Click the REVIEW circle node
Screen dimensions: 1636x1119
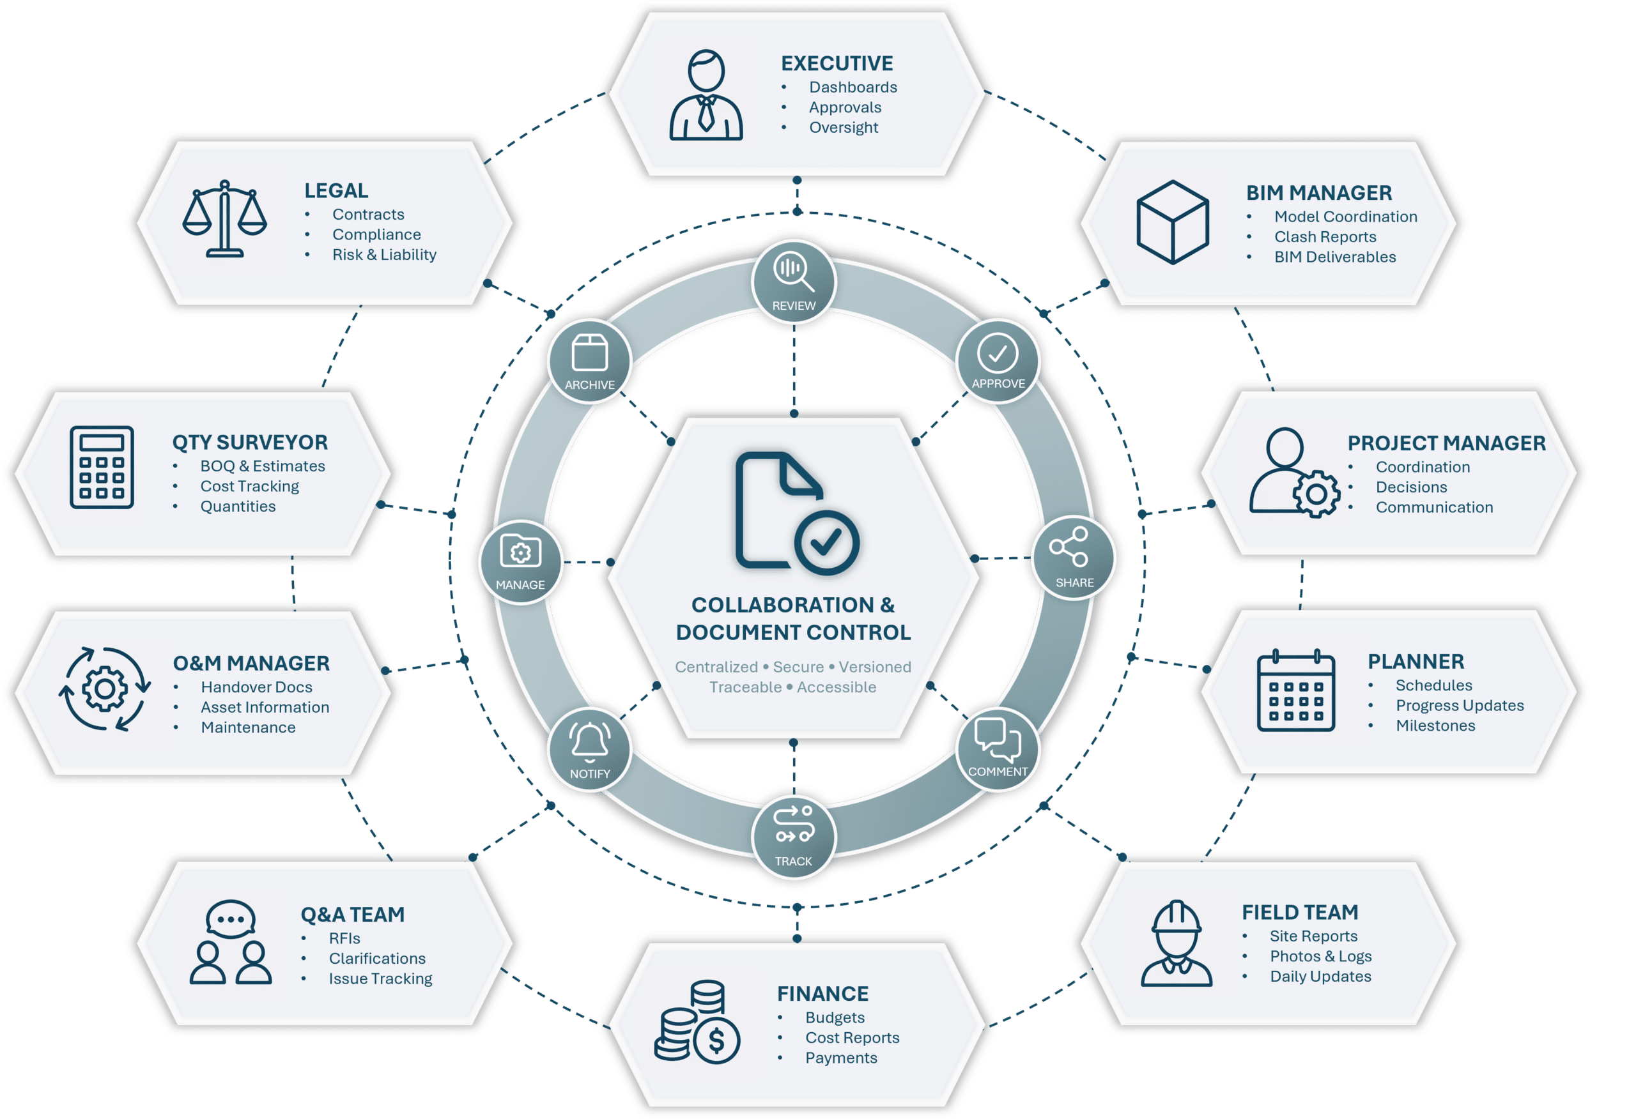(794, 282)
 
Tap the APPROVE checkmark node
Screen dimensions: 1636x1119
(998, 361)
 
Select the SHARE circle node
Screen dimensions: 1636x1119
(1074, 558)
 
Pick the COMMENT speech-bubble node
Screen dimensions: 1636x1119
(998, 749)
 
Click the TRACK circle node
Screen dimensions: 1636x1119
(794, 837)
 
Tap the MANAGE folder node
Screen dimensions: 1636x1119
(521, 562)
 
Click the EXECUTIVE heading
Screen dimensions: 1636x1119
(837, 63)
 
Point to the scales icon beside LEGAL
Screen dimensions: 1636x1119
(224, 218)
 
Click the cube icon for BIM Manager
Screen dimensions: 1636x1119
(1173, 222)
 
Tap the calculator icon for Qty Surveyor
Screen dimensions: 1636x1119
(102, 468)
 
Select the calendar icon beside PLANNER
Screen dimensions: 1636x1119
(1296, 690)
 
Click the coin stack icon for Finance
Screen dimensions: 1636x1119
(697, 1022)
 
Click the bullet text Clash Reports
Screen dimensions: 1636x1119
(1325, 237)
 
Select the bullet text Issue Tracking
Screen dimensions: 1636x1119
(380, 979)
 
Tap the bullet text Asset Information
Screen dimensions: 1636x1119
(265, 707)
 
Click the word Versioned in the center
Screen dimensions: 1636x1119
(875, 667)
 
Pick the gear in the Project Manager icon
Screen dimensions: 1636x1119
(1316, 494)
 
